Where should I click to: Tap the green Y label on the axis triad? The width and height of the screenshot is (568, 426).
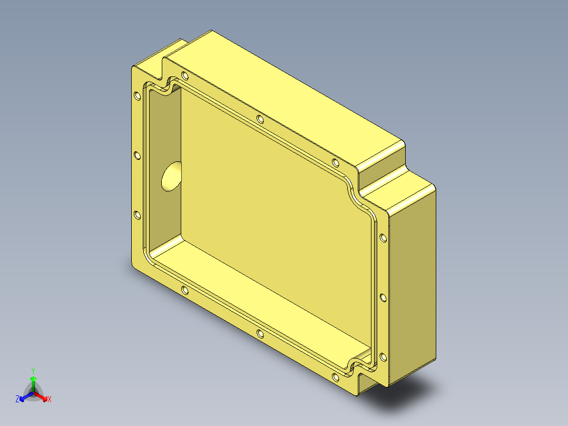tap(33, 371)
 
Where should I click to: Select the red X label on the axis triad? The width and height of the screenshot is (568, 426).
tap(49, 399)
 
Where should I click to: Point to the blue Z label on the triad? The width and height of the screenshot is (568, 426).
tap(17, 399)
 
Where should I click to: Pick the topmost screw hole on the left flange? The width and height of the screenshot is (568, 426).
tap(137, 95)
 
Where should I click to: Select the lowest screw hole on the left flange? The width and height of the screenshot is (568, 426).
tap(137, 215)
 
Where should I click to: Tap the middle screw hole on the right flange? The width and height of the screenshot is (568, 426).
tap(383, 298)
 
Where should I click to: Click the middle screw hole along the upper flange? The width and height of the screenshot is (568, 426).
tap(260, 119)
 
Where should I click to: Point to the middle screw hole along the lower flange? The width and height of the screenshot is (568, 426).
tap(260, 333)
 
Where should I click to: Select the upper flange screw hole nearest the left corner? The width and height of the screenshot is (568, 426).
tap(184, 75)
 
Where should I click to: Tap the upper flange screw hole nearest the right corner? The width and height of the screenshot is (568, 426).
tap(336, 162)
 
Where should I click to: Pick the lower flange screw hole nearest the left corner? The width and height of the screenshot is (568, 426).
tap(184, 290)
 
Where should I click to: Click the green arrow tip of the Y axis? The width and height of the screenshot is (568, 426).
tap(33, 379)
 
